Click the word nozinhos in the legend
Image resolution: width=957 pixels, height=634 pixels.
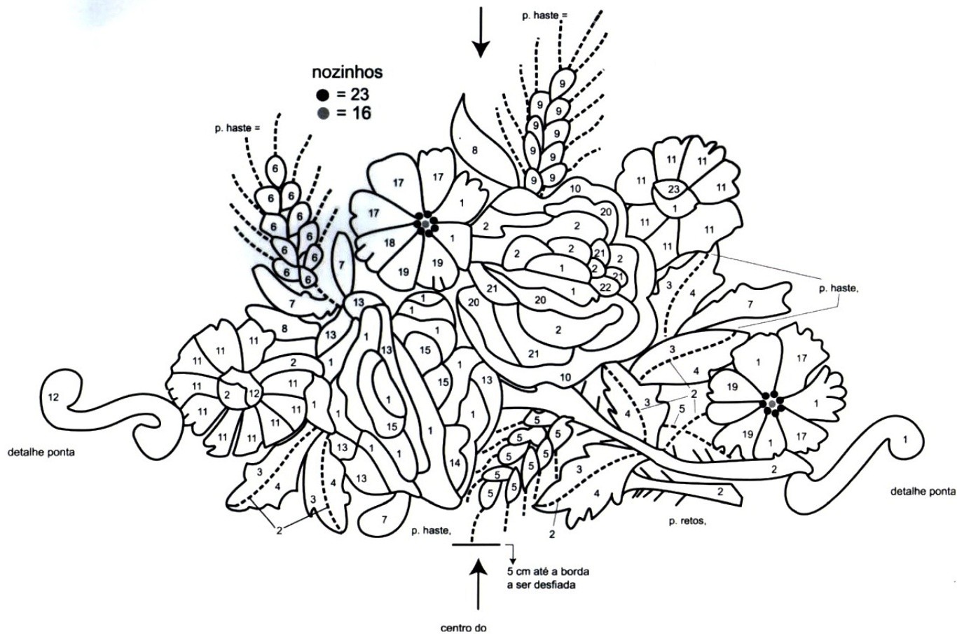click(x=347, y=73)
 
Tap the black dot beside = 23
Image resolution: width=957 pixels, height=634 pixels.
click(x=324, y=95)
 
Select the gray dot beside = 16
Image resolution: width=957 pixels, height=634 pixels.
click(x=324, y=113)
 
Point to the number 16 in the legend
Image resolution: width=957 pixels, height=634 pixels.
click(x=361, y=113)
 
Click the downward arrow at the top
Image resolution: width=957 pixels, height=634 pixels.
click(x=481, y=32)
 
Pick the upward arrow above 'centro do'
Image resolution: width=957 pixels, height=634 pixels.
click(x=478, y=584)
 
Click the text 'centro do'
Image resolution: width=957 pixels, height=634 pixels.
click(x=463, y=628)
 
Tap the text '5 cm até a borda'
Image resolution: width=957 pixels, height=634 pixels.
click(x=548, y=572)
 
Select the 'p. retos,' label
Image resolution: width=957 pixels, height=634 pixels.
click(x=687, y=522)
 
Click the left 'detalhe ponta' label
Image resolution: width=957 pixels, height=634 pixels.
click(x=41, y=452)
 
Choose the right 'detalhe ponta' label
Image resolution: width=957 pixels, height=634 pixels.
click(x=923, y=492)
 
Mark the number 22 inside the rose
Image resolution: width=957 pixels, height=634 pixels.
click(x=605, y=287)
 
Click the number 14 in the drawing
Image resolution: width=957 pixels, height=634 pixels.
click(x=455, y=462)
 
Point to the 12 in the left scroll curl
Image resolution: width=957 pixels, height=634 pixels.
click(x=53, y=397)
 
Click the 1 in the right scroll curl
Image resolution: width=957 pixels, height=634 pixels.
click(x=904, y=439)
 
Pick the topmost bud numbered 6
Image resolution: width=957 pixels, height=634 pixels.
click(x=275, y=168)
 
